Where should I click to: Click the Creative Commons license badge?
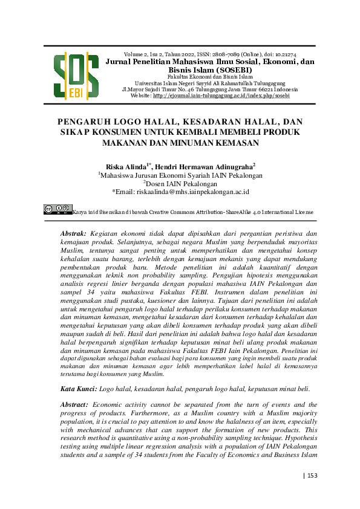[x=58, y=210]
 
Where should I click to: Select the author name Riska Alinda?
[x=126, y=166]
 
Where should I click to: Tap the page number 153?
[x=313, y=475]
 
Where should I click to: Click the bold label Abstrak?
[x=74, y=233]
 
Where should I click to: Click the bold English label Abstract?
[x=74, y=404]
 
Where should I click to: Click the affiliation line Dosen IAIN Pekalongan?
[x=180, y=183]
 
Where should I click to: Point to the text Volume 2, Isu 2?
[x=143, y=54]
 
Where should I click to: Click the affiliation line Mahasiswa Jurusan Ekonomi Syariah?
[x=180, y=175]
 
